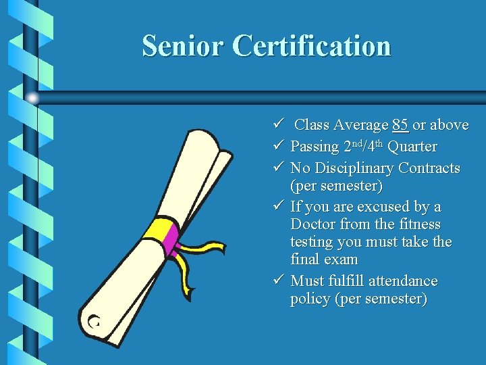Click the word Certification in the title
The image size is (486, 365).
tap(312, 46)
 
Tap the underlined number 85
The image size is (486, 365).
tap(400, 125)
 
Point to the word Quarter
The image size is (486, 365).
tap(412, 147)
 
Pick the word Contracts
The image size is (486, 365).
tap(429, 168)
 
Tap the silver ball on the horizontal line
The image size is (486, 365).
tap(32, 98)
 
